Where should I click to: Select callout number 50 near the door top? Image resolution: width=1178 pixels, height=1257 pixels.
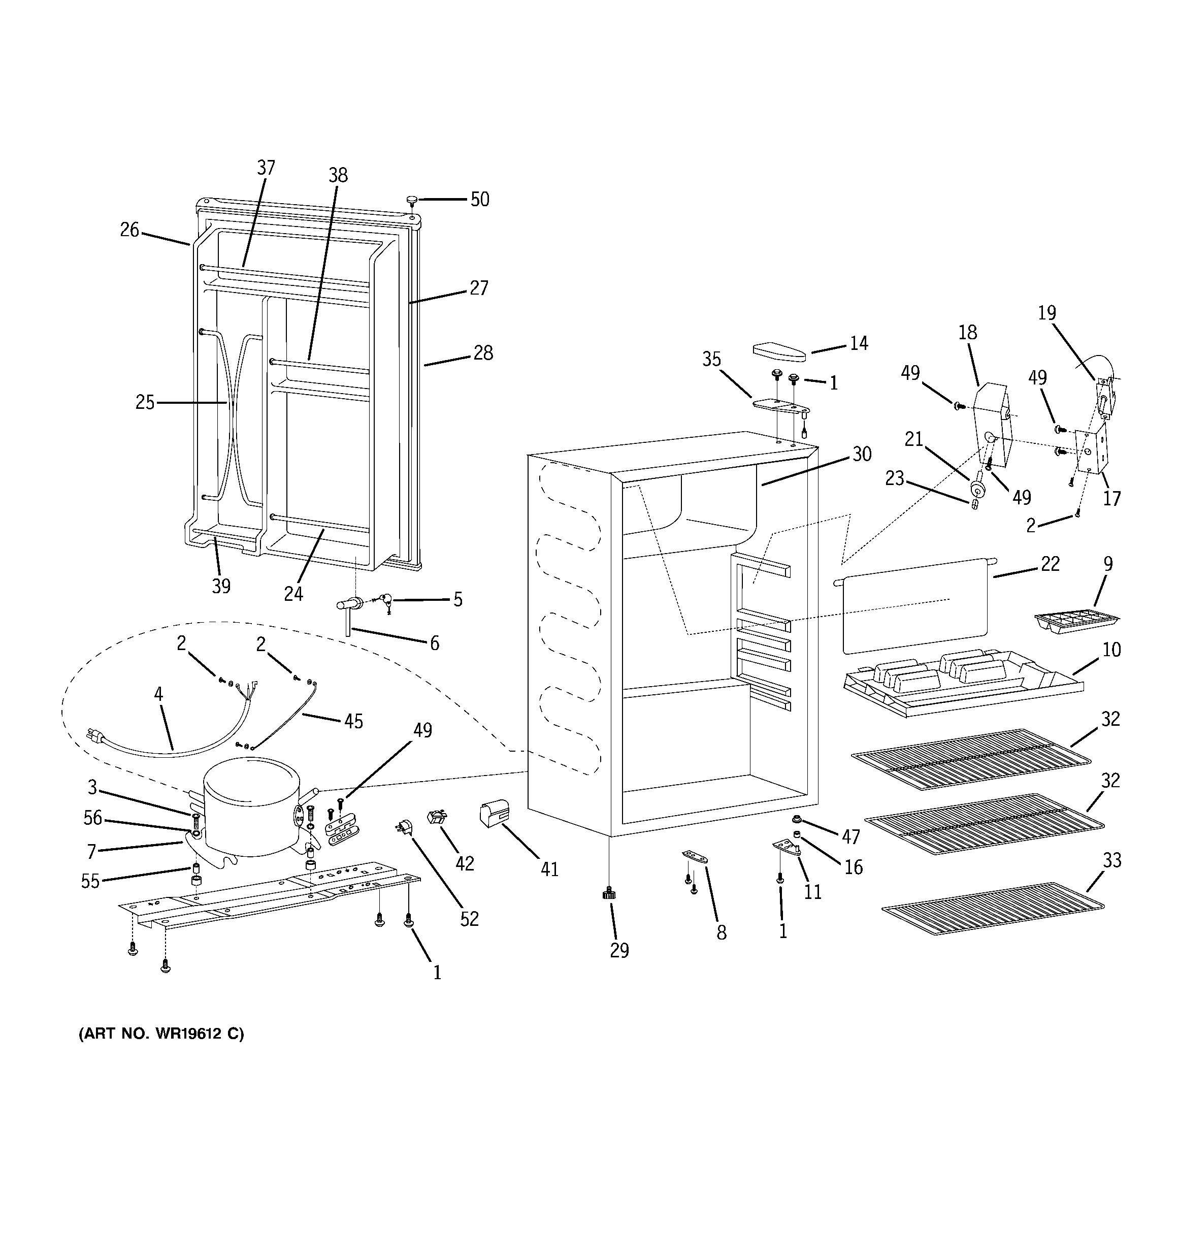(480, 200)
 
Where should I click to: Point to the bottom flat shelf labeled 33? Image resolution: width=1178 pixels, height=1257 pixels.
(993, 908)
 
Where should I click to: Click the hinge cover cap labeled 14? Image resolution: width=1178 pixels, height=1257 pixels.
(779, 350)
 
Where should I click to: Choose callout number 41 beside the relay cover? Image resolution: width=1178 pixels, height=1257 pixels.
(549, 869)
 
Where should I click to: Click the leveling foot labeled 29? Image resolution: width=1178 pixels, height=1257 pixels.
(609, 893)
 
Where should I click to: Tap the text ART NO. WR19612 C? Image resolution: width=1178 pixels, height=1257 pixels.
(161, 1034)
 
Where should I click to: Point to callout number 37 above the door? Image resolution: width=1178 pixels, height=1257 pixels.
(266, 168)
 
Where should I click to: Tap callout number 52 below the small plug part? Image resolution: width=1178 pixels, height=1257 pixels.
(469, 919)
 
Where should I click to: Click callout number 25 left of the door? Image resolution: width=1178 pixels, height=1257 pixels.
(145, 402)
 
